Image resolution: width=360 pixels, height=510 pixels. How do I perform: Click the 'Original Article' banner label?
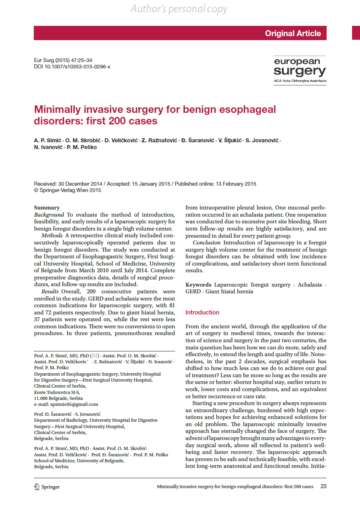coord(293,33)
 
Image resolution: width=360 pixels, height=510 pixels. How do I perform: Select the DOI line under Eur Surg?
coord(72,66)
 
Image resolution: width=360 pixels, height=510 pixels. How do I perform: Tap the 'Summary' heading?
coord(47,207)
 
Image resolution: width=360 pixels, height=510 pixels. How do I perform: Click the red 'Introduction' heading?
coord(202,312)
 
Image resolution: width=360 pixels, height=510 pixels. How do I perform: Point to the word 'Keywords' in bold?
coord(198,285)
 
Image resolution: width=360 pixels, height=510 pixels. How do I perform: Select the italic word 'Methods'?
coord(52,236)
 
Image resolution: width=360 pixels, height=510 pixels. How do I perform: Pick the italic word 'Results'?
coord(50,292)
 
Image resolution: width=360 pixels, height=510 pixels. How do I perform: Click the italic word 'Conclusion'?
coord(207,242)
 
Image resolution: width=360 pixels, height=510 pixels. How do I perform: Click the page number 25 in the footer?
coord(323,487)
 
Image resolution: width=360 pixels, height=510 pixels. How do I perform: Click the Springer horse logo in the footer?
coord(37,487)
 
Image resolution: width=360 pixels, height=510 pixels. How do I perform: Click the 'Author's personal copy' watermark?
coord(179,9)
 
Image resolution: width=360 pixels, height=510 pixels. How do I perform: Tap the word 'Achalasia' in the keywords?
coord(310,285)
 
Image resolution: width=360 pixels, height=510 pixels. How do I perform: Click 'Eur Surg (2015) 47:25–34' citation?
coord(63,60)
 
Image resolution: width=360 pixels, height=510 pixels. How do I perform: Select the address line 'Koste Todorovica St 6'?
coord(57,392)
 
